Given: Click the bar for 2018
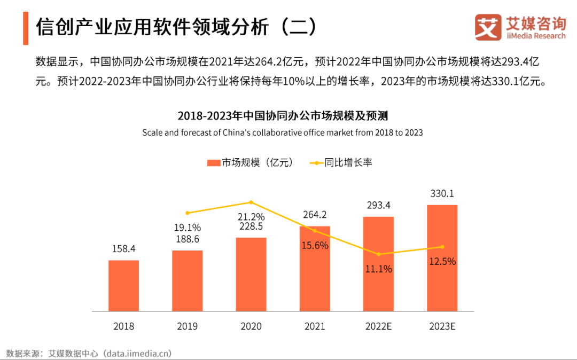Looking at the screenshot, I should [x=123, y=285].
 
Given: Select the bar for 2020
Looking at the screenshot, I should [x=251, y=274].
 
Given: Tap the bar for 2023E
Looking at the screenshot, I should [x=442, y=257].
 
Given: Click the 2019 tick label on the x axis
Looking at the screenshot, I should [x=187, y=326].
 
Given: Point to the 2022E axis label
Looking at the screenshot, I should [x=378, y=326].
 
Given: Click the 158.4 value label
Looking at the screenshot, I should [x=123, y=249].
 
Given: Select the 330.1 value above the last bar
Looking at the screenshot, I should [x=442, y=193].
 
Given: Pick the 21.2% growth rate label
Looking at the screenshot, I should [x=251, y=216].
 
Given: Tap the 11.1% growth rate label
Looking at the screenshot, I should [x=379, y=269].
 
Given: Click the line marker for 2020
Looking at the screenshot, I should [x=251, y=202].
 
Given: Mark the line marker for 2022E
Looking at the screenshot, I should [x=379, y=254].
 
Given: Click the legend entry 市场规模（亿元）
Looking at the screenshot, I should [x=251, y=163].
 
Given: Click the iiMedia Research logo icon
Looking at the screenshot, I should [x=488, y=27].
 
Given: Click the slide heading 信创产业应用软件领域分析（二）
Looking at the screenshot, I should [x=176, y=27].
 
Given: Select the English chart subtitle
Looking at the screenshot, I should [x=282, y=132].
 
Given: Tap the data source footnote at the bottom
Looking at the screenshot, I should [x=89, y=353].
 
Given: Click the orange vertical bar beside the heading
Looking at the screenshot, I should [x=25, y=27].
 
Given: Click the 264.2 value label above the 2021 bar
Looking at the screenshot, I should [x=315, y=215].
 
